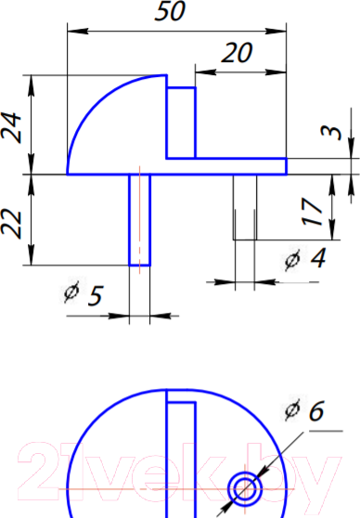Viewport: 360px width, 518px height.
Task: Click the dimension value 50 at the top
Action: pyautogui.click(x=170, y=11)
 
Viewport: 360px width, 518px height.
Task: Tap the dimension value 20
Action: pyautogui.click(x=237, y=53)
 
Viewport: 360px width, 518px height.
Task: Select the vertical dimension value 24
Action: pyautogui.click(x=11, y=128)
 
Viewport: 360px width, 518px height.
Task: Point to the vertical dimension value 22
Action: pyautogui.click(x=11, y=224)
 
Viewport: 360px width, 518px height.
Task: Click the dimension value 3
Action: pyautogui.click(x=331, y=133)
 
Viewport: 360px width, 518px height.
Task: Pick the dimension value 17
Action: pyautogui.click(x=312, y=212)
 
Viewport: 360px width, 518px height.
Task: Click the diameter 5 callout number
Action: pyautogui.click(x=96, y=295)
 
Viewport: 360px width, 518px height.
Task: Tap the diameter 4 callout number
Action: pyautogui.click(x=318, y=258)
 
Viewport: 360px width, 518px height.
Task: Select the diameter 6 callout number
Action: pyautogui.click(x=316, y=411)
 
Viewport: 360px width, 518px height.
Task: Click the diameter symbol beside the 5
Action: pyautogui.click(x=71, y=292)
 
